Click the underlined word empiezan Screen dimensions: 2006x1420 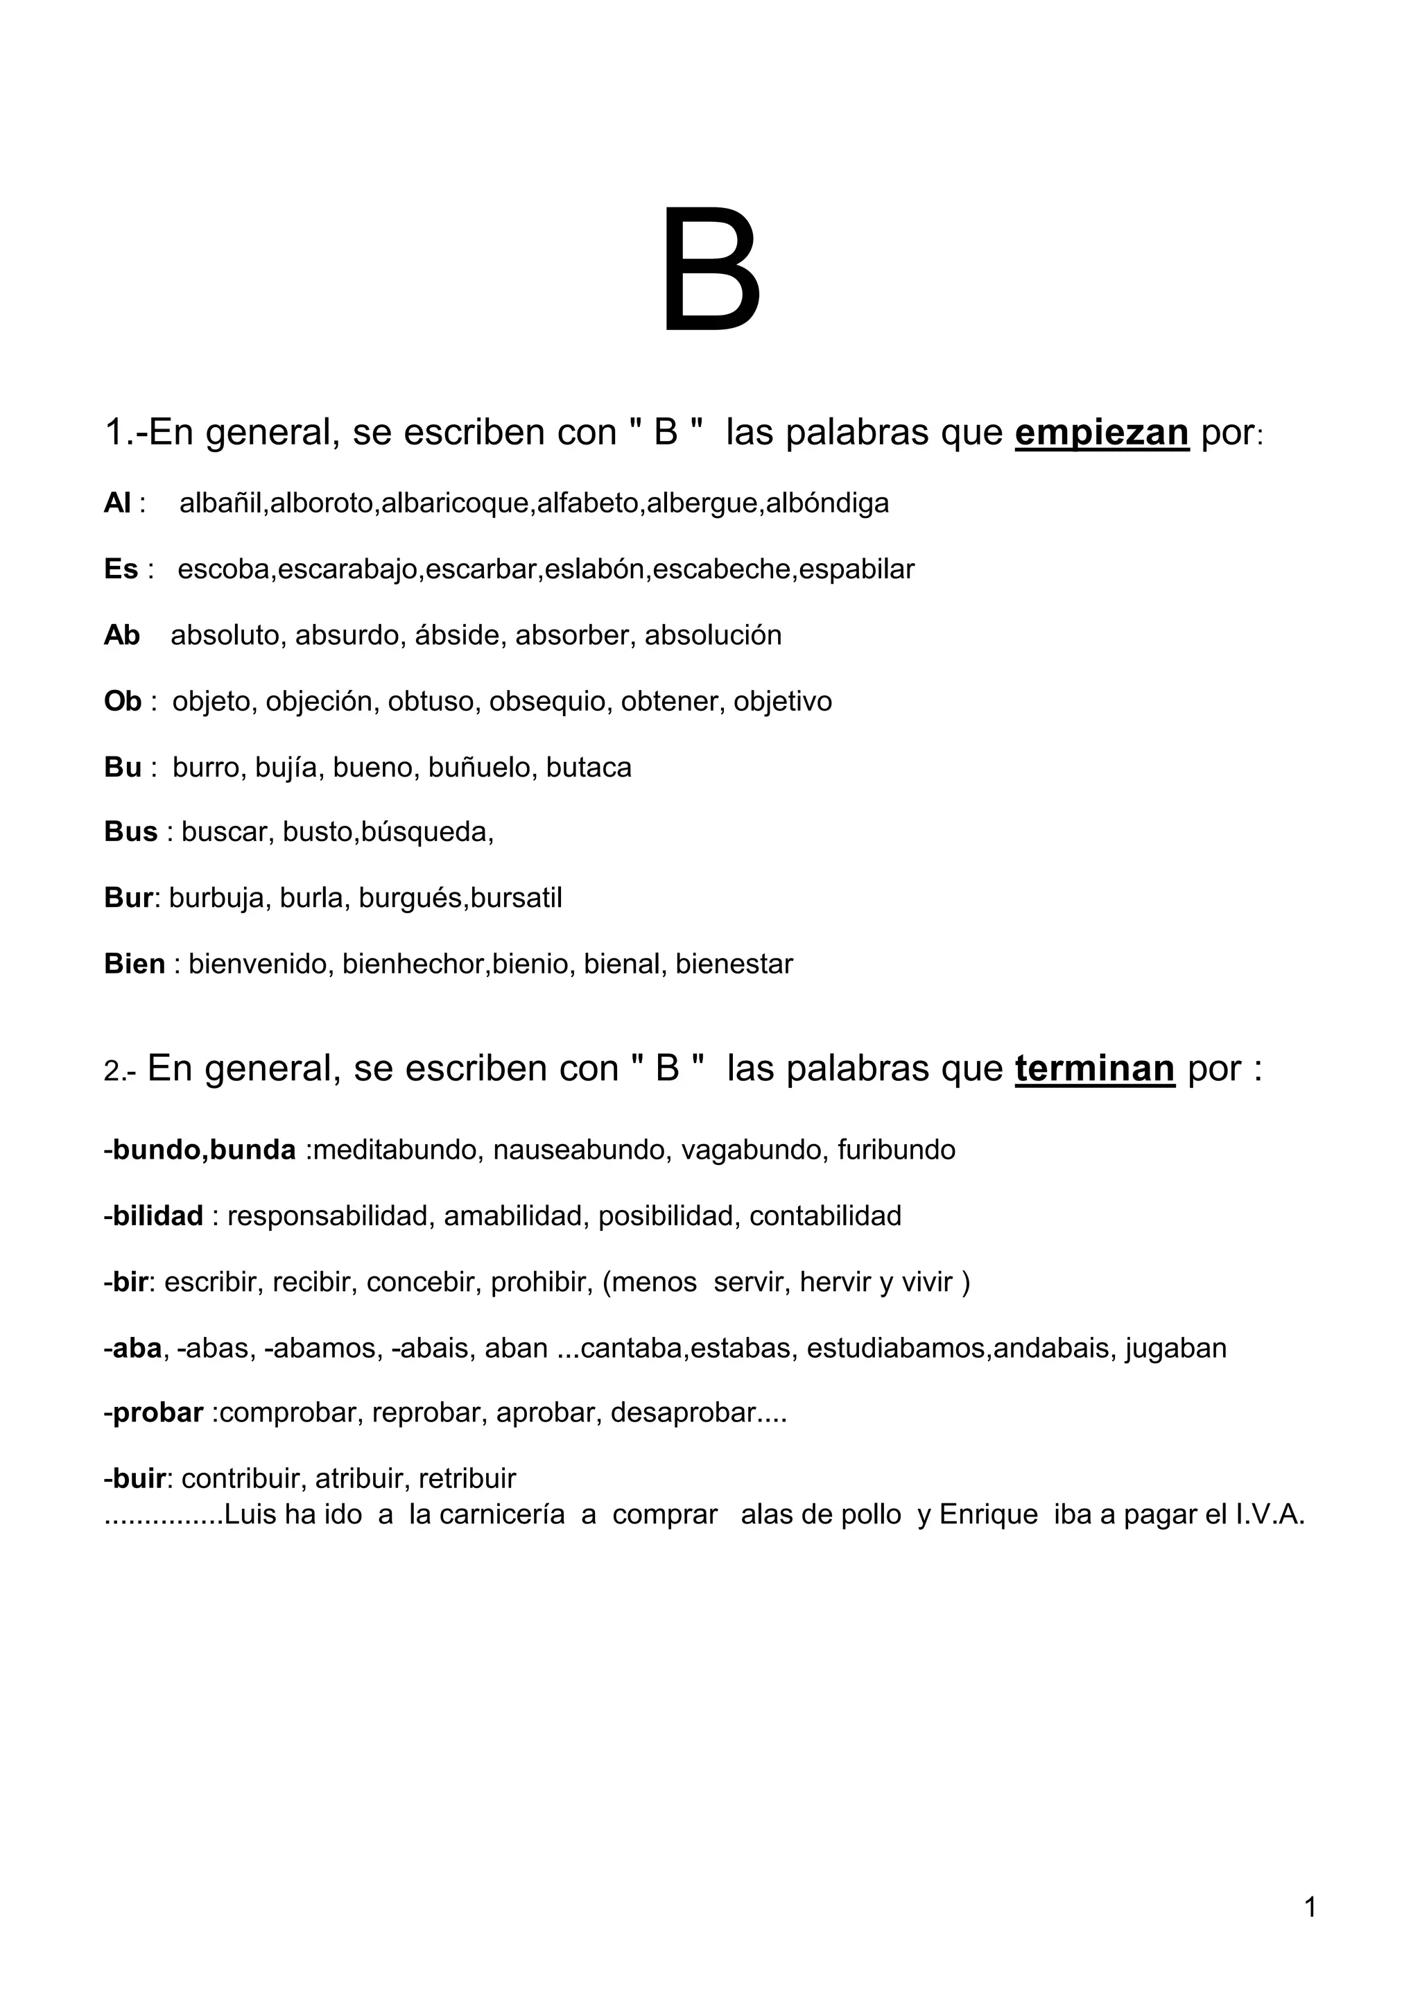pyautogui.click(x=1102, y=432)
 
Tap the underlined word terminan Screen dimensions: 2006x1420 pyautogui.click(x=1095, y=1069)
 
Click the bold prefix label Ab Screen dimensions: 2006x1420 pyautogui.click(x=121, y=635)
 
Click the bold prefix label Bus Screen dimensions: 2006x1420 pyautogui.click(x=131, y=831)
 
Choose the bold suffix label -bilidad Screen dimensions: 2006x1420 pyautogui.click(x=154, y=1216)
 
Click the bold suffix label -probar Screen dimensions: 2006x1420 pyautogui.click(x=154, y=1412)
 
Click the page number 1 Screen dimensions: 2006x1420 pyautogui.click(x=1310, y=1907)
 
